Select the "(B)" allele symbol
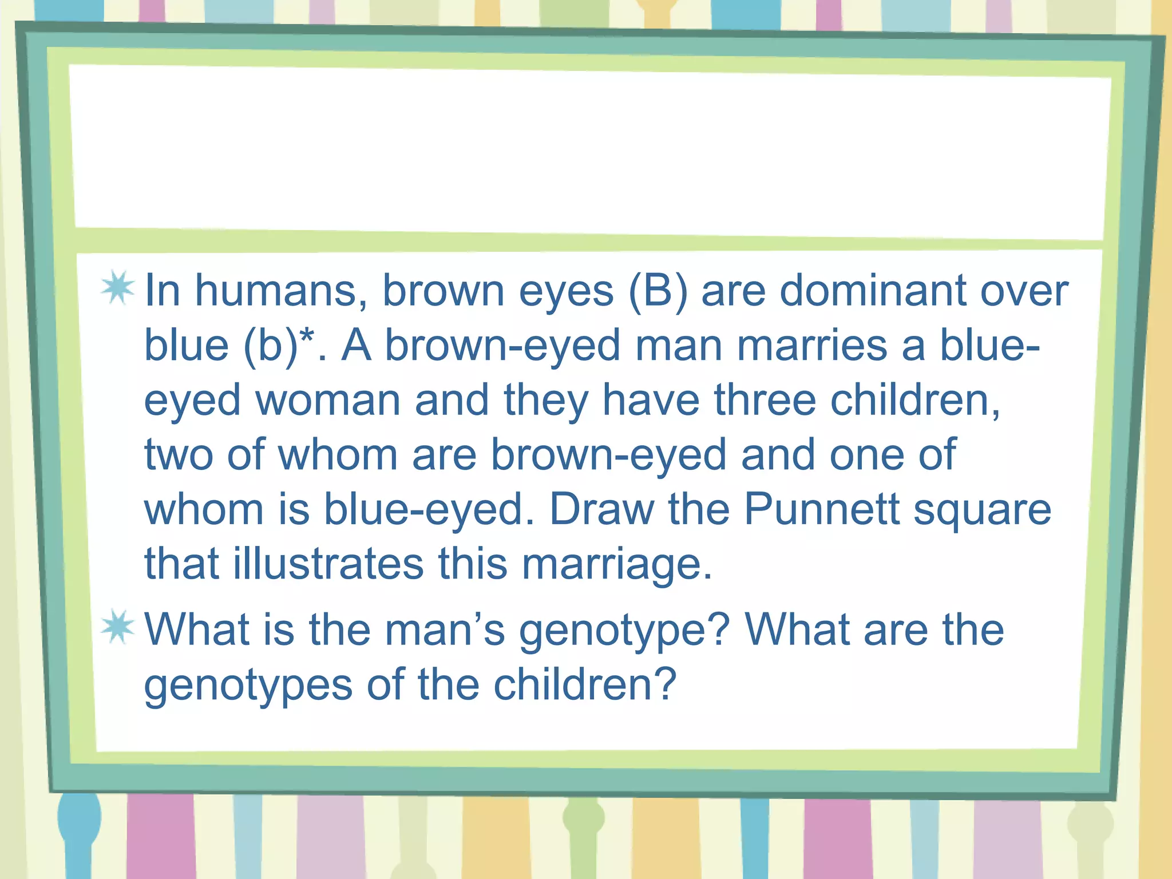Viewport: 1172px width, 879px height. coord(658,291)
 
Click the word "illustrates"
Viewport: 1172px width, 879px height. coord(328,563)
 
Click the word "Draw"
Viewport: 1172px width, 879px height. coord(601,509)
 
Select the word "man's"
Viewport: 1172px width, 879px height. coord(445,629)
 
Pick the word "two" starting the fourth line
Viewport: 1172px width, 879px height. coord(179,455)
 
